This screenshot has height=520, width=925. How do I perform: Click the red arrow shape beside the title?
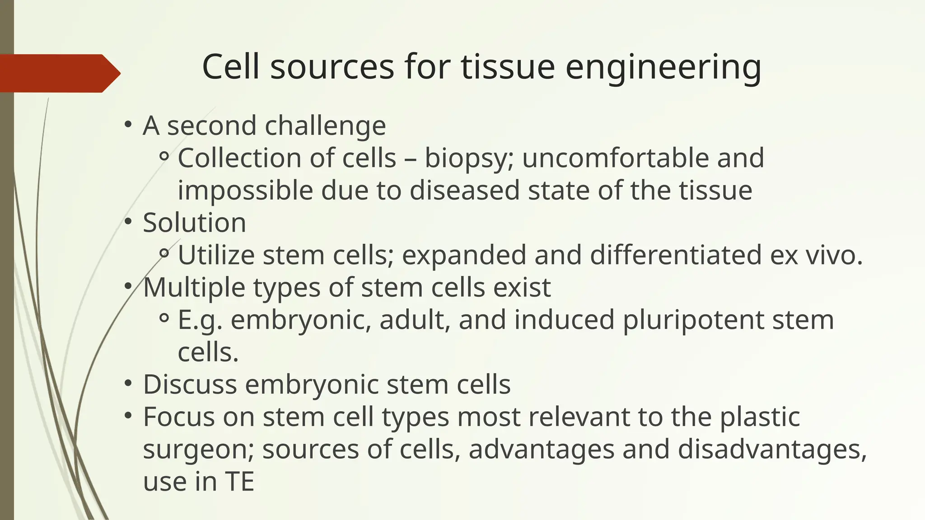[x=59, y=73]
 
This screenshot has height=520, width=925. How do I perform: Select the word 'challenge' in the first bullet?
[x=325, y=125]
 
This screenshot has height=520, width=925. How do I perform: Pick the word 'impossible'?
[x=245, y=190]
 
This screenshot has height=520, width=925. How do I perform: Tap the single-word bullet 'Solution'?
[x=194, y=223]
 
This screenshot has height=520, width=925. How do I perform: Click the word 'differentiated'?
[x=676, y=255]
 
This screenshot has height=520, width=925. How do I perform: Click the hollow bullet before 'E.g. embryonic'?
[x=164, y=319]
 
